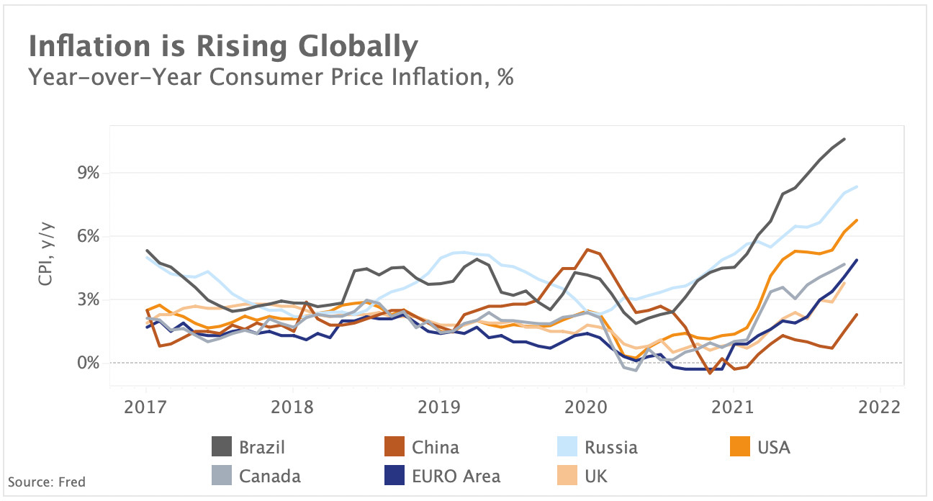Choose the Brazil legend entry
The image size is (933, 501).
coord(248,447)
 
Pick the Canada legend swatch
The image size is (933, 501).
coord(222,475)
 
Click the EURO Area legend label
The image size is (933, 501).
coord(456,475)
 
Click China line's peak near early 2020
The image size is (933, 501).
coord(588,250)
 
